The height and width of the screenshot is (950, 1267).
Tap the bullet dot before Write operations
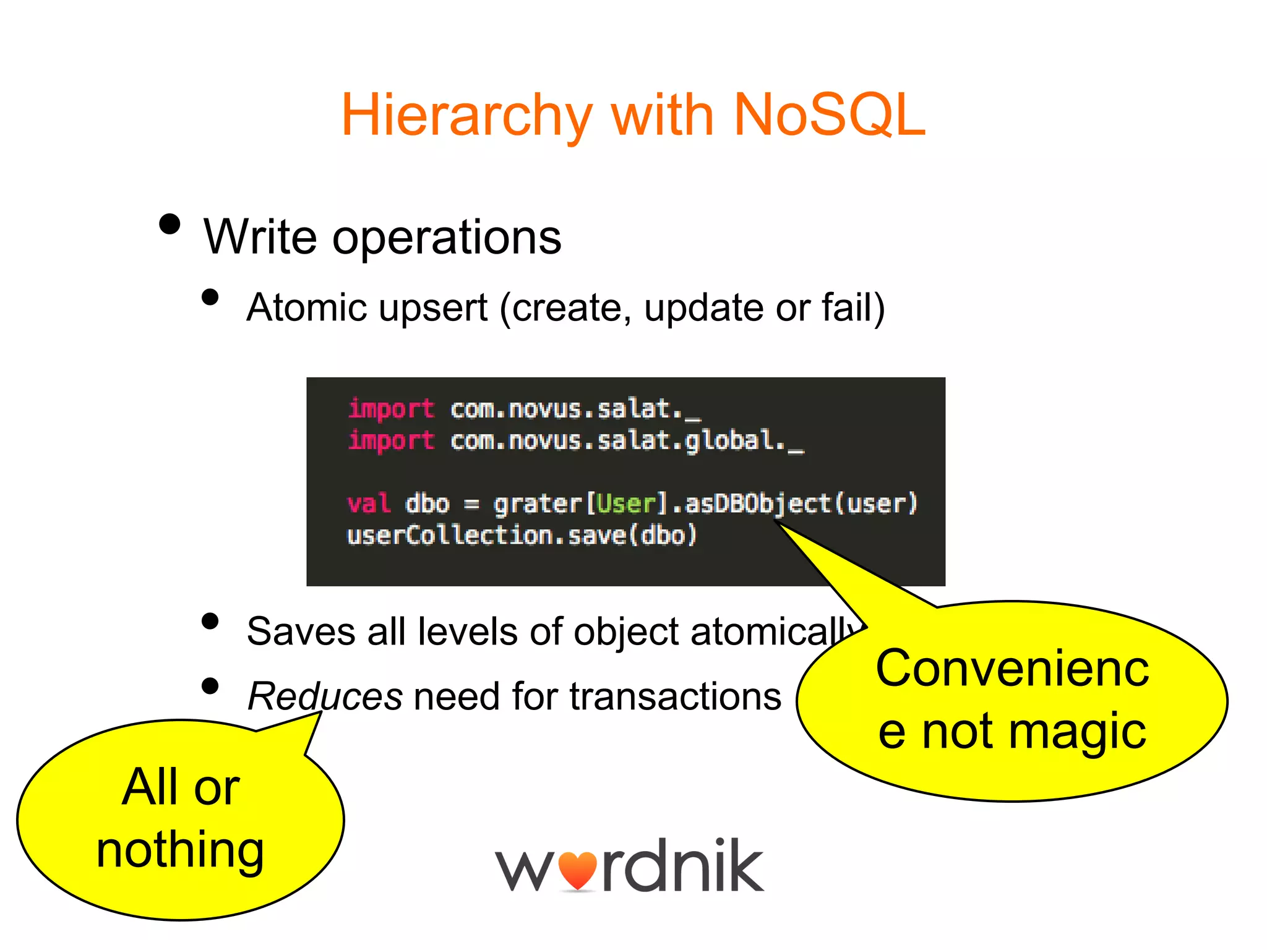coord(170,224)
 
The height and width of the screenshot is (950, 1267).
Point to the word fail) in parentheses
coord(854,307)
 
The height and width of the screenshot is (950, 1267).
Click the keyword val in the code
coord(369,503)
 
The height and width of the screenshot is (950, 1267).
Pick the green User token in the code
coord(625,503)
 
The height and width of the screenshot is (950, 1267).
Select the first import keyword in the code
coord(391,409)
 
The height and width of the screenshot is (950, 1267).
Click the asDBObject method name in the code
coord(757,503)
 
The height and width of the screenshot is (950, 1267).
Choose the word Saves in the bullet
coord(301,632)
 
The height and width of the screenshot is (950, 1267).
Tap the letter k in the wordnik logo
coord(741,866)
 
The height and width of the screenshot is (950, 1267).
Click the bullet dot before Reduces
coord(210,686)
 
